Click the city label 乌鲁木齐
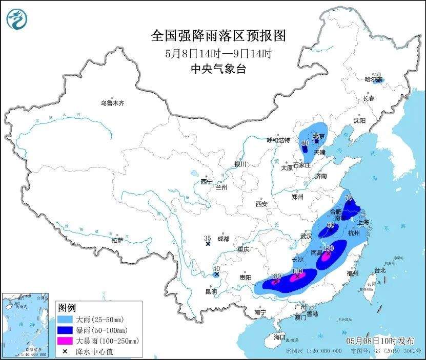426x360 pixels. (112, 103)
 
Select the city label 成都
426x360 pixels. (223, 238)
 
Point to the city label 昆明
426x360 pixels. (211, 291)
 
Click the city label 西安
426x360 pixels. (261, 204)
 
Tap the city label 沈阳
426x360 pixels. (359, 120)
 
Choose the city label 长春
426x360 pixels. (369, 98)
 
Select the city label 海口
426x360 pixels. (279, 337)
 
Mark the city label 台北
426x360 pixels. (379, 270)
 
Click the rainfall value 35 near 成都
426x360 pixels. (208, 238)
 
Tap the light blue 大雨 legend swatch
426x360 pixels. (65, 319)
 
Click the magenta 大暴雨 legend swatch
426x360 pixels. (65, 341)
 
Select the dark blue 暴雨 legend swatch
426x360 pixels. (65, 330)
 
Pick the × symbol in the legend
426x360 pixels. (65, 351)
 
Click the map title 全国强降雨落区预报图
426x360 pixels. (218, 36)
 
